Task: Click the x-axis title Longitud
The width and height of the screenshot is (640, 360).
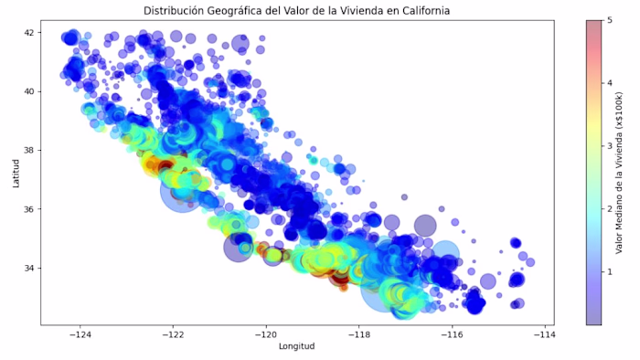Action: tap(295, 347)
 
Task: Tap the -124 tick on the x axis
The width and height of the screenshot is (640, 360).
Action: tap(80, 334)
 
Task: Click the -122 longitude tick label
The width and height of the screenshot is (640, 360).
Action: tap(173, 334)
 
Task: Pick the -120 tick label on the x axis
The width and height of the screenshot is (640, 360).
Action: tap(266, 334)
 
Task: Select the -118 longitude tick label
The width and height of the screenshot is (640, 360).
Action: tap(359, 334)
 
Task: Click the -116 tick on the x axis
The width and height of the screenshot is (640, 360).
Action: tap(453, 334)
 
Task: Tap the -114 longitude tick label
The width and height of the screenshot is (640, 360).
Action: tap(546, 334)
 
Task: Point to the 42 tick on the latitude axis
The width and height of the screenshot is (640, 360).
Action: tap(31, 33)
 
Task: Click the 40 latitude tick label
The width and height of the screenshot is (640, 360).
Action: tap(31, 91)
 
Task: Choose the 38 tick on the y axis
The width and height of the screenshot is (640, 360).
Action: tap(31, 151)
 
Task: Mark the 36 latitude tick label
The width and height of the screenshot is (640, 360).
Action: tap(31, 209)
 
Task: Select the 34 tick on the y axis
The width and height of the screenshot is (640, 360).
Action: tap(31, 269)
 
